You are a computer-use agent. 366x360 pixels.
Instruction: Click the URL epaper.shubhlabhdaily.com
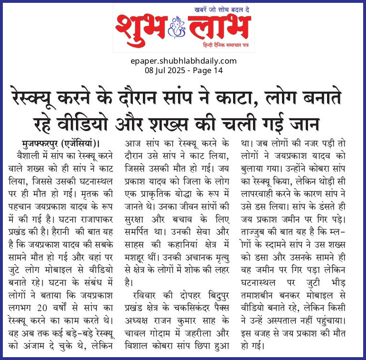point(183,61)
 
